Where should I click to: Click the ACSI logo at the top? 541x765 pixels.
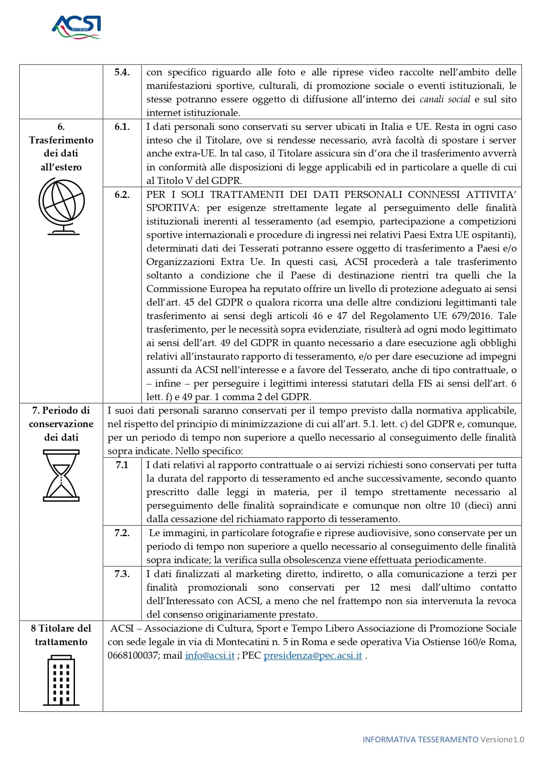pyautogui.click(x=76, y=27)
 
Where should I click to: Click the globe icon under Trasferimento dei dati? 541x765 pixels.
pyautogui.click(x=61, y=206)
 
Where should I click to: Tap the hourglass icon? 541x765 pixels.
pyautogui.click(x=61, y=476)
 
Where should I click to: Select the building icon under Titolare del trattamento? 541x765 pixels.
pyautogui.click(x=61, y=680)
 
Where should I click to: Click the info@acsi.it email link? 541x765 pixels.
pyautogui.click(x=210, y=656)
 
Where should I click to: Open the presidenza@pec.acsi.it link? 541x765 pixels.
pyautogui.click(x=313, y=656)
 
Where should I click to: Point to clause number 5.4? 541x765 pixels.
pyautogui.click(x=122, y=72)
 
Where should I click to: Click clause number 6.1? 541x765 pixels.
pyautogui.click(x=122, y=127)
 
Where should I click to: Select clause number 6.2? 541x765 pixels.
pyautogui.click(x=122, y=195)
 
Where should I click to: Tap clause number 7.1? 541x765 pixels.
pyautogui.click(x=122, y=465)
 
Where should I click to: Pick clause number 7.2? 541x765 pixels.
pyautogui.click(x=122, y=533)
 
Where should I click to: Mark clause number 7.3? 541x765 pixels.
pyautogui.click(x=122, y=574)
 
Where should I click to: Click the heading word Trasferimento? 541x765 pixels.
pyautogui.click(x=61, y=140)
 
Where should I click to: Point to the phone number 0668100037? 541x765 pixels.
pyautogui.click(x=132, y=656)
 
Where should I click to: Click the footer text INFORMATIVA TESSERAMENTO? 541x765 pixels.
pyautogui.click(x=420, y=739)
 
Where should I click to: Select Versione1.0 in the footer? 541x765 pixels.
pyautogui.click(x=502, y=739)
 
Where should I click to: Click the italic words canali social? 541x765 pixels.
pyautogui.click(x=445, y=99)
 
